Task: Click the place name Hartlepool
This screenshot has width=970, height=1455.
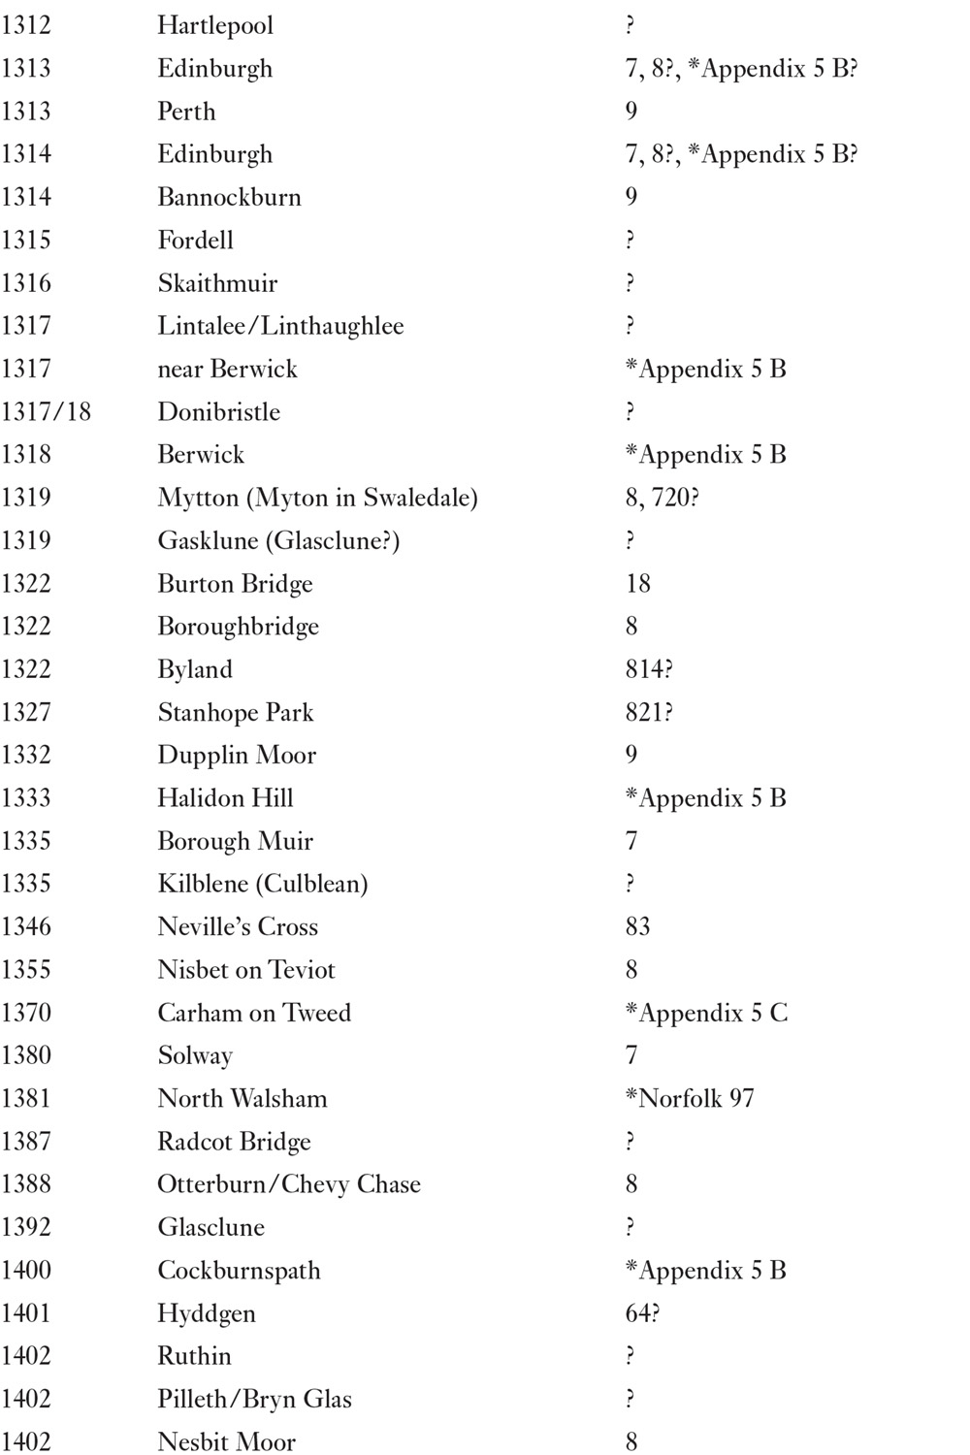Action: click(215, 25)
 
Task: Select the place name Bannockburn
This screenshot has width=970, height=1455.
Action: click(229, 197)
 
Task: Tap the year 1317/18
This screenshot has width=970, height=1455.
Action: click(46, 411)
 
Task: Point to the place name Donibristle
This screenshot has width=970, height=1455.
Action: click(218, 411)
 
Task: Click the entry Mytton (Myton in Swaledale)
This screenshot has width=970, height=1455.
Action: click(317, 498)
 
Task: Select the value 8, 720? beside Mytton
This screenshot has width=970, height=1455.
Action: click(663, 498)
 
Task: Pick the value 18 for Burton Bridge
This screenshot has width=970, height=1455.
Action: click(638, 583)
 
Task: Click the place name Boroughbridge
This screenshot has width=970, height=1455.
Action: click(238, 627)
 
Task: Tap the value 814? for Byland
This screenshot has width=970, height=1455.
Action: click(649, 669)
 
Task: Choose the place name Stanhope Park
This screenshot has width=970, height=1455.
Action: click(236, 712)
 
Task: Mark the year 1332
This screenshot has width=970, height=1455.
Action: click(26, 755)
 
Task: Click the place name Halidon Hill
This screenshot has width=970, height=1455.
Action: click(225, 797)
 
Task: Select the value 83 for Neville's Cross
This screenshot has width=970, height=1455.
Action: click(638, 926)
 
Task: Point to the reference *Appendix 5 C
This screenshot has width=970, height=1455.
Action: click(706, 1013)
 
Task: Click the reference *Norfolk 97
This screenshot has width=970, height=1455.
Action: click(690, 1098)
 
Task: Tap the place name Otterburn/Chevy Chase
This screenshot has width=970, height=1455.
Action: click(289, 1184)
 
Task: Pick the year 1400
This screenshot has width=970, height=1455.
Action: click(26, 1270)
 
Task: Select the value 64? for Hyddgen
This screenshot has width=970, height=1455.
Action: click(642, 1313)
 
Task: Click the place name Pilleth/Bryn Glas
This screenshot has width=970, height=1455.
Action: click(254, 1399)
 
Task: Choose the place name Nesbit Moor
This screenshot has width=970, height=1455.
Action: click(226, 1441)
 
